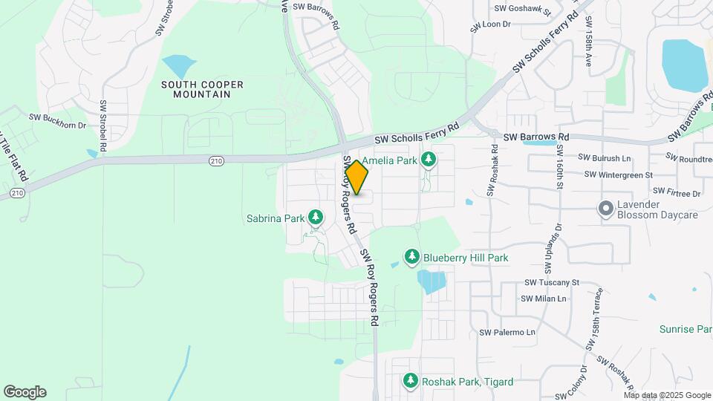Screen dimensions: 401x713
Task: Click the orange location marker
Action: (357, 177)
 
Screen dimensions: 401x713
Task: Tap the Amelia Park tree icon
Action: (428, 160)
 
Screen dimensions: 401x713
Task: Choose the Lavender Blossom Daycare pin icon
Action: (606, 209)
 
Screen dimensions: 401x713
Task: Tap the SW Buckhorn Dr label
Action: (57, 117)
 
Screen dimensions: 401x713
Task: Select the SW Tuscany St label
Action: (551, 282)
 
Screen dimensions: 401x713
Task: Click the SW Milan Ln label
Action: (544, 299)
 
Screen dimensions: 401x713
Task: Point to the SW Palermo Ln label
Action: (507, 332)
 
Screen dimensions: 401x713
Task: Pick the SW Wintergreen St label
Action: (618, 175)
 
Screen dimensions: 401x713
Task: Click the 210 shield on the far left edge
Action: (16, 193)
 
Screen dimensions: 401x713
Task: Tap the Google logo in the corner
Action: (25, 392)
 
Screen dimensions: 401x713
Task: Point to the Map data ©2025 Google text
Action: (667, 395)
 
